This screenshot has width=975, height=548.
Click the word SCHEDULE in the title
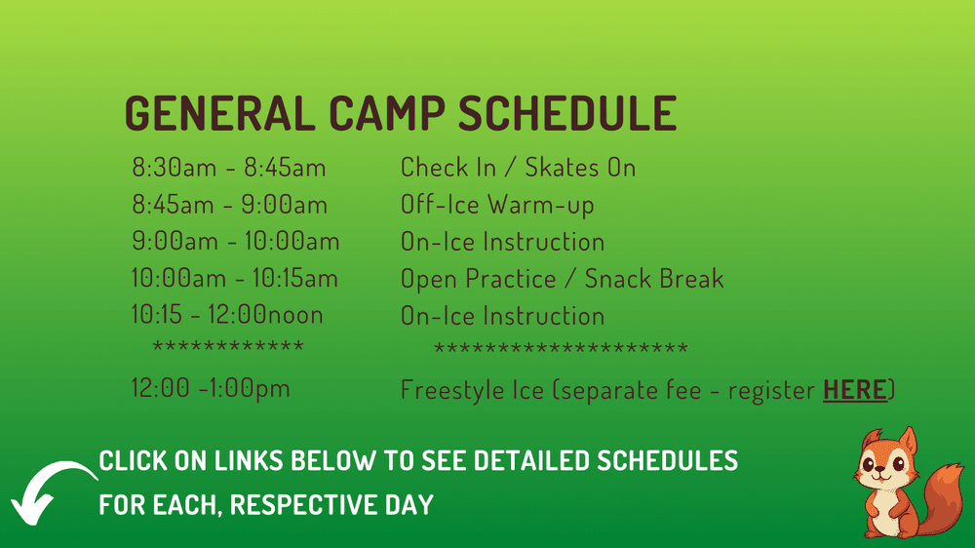[567, 114]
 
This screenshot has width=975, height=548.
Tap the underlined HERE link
[855, 390]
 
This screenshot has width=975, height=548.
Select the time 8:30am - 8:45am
[229, 168]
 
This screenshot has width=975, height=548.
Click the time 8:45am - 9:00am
[230, 205]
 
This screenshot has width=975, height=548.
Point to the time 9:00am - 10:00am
[236, 242]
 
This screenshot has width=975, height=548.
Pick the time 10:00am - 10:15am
[235, 279]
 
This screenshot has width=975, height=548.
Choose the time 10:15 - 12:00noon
[227, 316]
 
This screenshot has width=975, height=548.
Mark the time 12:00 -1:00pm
[211, 389]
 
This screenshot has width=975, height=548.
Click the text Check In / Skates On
[518, 168]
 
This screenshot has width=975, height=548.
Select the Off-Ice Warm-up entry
[497, 205]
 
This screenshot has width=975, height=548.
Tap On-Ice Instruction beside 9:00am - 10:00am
[502, 242]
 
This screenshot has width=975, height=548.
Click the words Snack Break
[654, 279]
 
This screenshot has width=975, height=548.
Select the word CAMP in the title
[387, 114]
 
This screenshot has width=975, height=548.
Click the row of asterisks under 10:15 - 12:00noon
[228, 346]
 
